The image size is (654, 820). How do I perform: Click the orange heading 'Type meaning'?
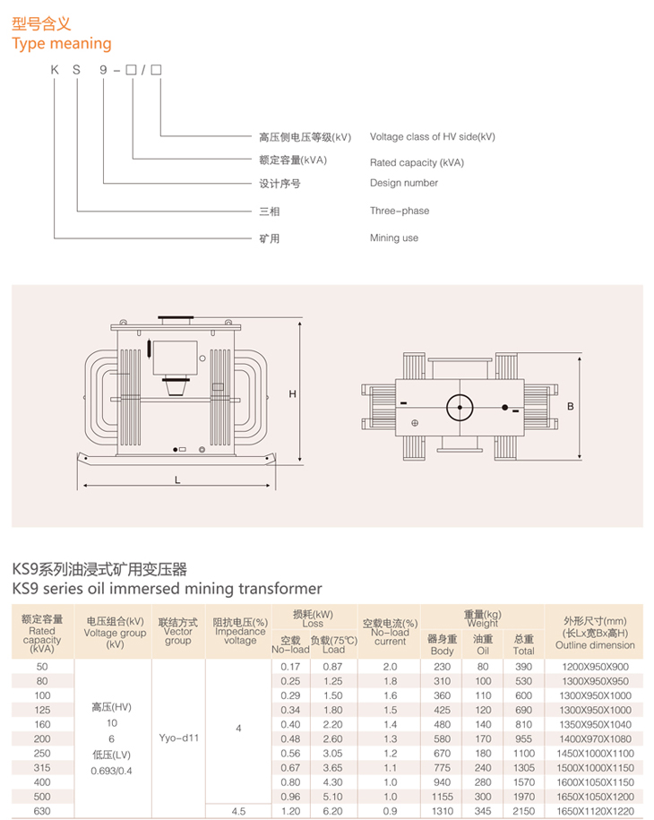62,44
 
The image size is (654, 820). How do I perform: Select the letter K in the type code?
55,70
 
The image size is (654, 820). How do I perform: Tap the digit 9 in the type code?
103,70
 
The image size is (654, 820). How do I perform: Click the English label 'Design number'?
403,183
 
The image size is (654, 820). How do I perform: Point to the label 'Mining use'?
393,238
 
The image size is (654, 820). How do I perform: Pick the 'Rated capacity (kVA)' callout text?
417,162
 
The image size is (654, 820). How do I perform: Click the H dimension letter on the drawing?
292,393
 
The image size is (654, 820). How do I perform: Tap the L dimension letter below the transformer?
177,480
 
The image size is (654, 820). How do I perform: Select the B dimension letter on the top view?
571,406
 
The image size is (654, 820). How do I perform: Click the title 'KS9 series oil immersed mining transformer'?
167,589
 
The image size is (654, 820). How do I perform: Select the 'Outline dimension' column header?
595,645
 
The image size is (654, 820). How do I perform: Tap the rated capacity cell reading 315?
42,768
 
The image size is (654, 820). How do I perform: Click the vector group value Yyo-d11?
178,738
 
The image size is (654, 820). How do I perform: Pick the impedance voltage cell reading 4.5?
238,811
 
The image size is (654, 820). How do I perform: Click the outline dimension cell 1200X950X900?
595,667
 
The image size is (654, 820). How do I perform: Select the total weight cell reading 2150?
523,811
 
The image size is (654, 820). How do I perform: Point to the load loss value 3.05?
332,754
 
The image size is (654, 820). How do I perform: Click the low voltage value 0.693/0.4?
111,771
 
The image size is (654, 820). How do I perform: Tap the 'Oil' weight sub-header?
483,652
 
